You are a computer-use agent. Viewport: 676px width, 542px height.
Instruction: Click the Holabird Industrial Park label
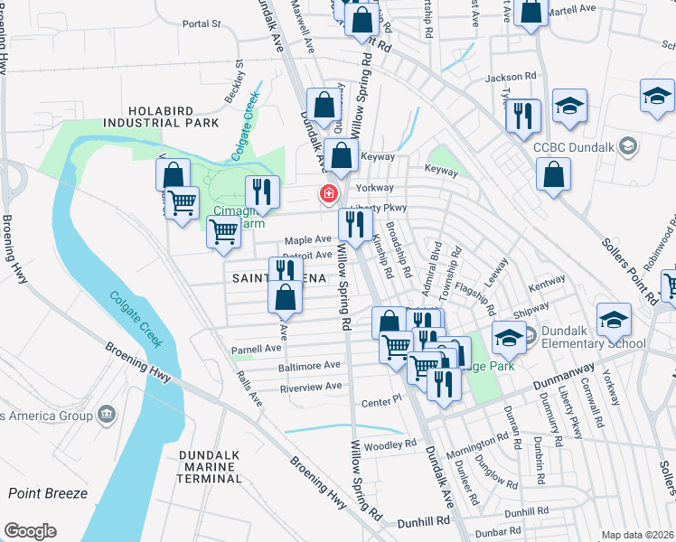[161, 114]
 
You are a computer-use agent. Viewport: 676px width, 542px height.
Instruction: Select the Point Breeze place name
[48, 493]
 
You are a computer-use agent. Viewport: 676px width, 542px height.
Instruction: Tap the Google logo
[30, 531]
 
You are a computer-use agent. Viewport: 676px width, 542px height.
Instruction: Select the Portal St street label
[201, 24]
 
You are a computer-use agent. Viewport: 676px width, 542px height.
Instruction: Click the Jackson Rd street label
[511, 78]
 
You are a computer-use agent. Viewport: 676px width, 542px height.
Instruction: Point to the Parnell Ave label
[257, 348]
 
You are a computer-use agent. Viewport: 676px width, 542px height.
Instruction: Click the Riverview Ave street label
[311, 386]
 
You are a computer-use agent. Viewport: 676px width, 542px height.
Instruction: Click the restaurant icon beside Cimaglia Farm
[262, 192]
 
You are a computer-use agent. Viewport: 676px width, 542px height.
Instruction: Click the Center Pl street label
[380, 399]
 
